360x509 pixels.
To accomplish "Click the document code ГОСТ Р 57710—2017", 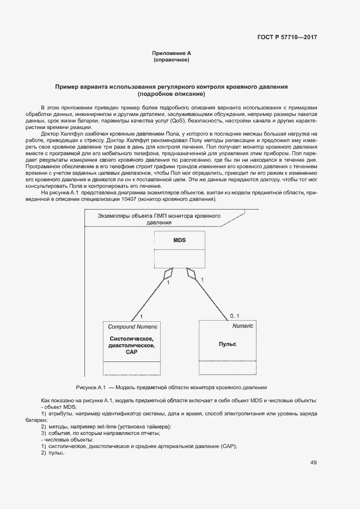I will (x=286, y=38).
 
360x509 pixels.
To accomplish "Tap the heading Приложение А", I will (x=172, y=53).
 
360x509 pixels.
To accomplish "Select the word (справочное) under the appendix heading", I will (x=172, y=60).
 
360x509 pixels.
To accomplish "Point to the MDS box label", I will (x=180, y=240).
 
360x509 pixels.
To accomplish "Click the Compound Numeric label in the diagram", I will (x=133, y=327).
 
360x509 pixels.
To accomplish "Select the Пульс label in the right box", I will (x=227, y=344).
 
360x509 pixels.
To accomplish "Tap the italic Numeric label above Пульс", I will (x=242, y=326).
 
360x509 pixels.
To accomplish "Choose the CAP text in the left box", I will (x=132, y=352).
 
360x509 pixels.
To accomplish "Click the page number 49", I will (x=314, y=463).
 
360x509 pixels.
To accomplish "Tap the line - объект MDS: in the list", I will (x=59, y=407).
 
